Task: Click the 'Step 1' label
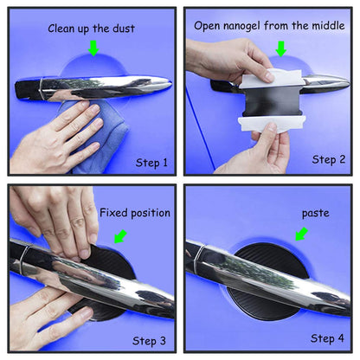[151, 162]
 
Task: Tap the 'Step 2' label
[329, 159]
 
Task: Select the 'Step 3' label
[151, 338]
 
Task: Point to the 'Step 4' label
[328, 338]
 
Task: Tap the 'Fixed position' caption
[135, 212]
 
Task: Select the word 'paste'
[315, 212]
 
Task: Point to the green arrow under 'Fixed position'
[119, 235]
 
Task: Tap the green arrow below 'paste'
[301, 234]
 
